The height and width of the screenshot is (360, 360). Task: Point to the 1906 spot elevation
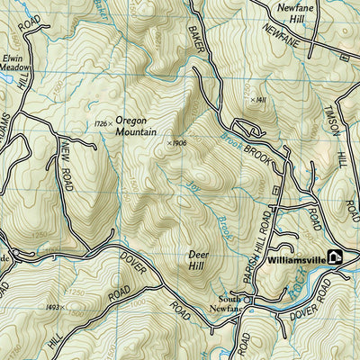[168, 141]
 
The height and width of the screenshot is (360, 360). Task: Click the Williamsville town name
[296, 258]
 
